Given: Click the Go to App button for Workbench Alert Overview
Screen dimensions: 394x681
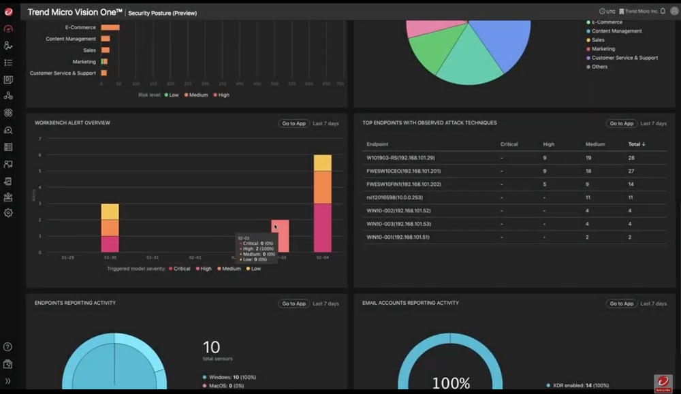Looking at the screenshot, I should (293, 123).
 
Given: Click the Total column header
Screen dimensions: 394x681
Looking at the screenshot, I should (636, 144).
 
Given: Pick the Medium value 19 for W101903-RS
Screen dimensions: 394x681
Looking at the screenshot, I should (588, 158).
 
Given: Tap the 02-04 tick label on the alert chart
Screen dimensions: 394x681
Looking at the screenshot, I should (322, 258).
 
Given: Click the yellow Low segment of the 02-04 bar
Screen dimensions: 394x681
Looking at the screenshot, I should (322, 163).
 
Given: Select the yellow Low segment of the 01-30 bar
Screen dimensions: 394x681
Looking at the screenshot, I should (110, 212).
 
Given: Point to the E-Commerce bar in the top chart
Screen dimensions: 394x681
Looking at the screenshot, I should (110, 27).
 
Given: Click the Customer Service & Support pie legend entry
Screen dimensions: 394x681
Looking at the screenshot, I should (624, 58).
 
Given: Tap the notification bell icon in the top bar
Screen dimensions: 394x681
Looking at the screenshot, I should (663, 12).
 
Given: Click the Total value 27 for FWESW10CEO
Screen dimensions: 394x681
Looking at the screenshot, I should (631, 171).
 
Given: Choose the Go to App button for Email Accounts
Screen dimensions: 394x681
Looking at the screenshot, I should (621, 303).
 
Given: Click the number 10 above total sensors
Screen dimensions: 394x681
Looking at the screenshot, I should (211, 347).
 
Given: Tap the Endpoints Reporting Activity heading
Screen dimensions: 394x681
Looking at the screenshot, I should (75, 303).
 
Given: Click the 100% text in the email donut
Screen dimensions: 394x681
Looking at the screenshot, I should (450, 383).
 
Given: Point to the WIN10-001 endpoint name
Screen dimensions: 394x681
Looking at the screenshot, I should (398, 237).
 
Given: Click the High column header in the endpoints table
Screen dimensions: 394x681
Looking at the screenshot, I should (548, 144).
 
